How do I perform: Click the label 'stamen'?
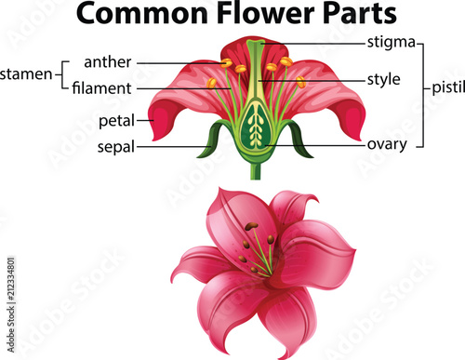(x=25, y=73)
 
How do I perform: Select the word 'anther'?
(x=107, y=63)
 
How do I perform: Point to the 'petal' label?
(x=116, y=120)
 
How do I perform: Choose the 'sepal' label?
(x=117, y=147)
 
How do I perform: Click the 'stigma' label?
(x=391, y=41)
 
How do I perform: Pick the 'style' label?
(x=383, y=78)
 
